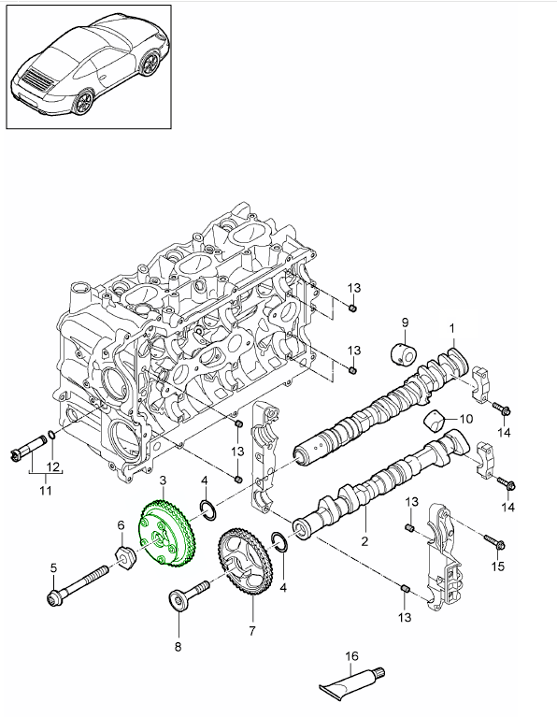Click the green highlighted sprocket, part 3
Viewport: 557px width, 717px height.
pos(167,535)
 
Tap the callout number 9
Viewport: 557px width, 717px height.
pos(405,323)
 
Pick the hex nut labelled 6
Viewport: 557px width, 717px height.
pos(123,558)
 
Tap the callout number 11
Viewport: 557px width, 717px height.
pos(46,491)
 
